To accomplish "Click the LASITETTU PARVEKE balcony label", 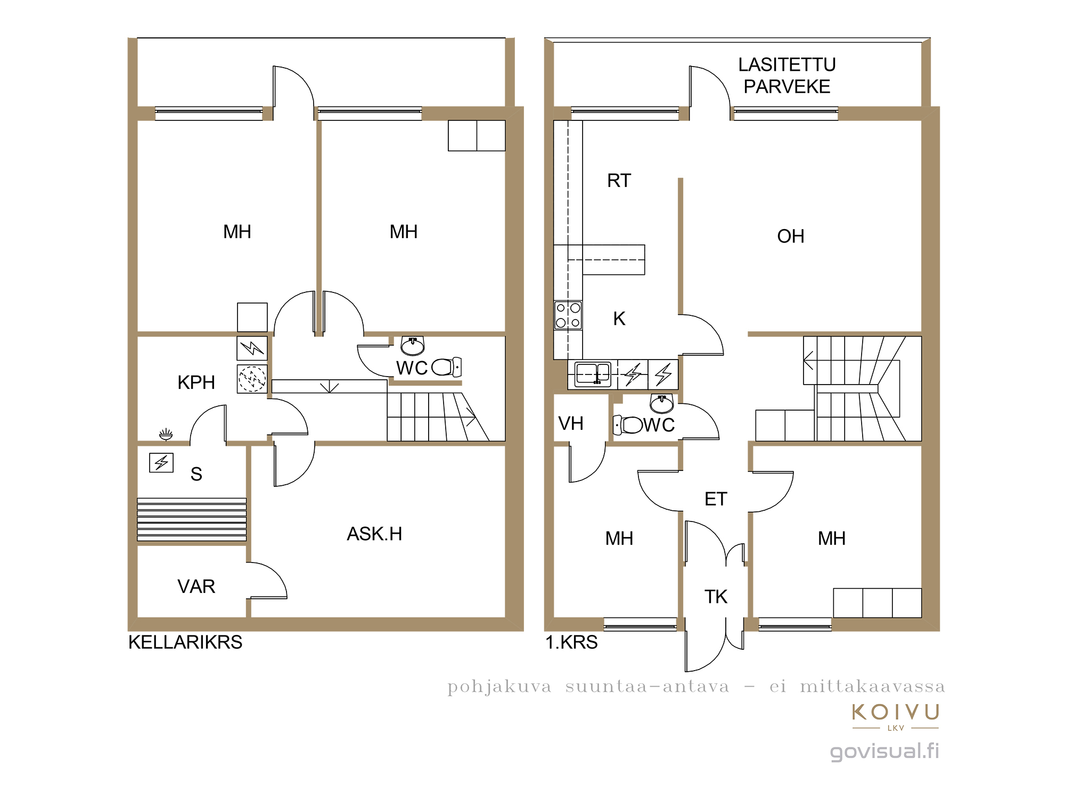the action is pyautogui.click(x=787, y=76).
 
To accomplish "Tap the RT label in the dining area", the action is pyautogui.click(x=619, y=181).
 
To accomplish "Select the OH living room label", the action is pyautogui.click(x=791, y=236).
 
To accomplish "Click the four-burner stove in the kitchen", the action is pyautogui.click(x=568, y=315).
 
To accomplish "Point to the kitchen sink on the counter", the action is pyautogui.click(x=593, y=374).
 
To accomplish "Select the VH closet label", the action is pyautogui.click(x=571, y=423).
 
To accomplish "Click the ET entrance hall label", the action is pyautogui.click(x=716, y=499).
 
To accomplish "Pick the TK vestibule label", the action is pyautogui.click(x=716, y=597).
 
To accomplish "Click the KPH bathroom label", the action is pyautogui.click(x=196, y=382).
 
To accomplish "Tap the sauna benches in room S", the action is pyautogui.click(x=192, y=519).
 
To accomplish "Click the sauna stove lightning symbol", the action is pyautogui.click(x=161, y=462).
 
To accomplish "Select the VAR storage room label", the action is pyautogui.click(x=196, y=586).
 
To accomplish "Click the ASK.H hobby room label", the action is pyautogui.click(x=374, y=534).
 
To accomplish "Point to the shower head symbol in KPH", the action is pyautogui.click(x=166, y=435).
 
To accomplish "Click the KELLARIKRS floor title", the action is pyautogui.click(x=185, y=642).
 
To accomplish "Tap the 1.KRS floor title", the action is pyautogui.click(x=571, y=642).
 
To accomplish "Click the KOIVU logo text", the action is pyautogui.click(x=896, y=712).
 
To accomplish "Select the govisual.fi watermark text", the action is pyautogui.click(x=884, y=752).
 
